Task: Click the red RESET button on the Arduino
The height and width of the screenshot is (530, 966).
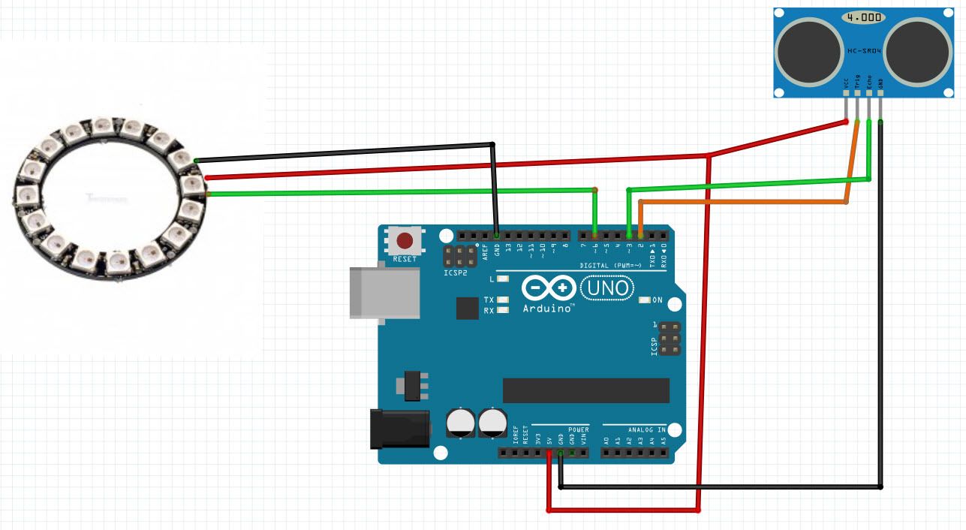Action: (x=405, y=242)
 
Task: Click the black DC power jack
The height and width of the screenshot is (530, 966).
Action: (x=399, y=428)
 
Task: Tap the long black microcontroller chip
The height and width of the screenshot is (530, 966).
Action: (x=585, y=390)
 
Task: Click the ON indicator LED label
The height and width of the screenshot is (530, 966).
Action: (x=657, y=300)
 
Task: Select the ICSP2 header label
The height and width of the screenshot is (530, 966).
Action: (x=455, y=273)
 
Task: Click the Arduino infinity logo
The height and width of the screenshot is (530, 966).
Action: (x=548, y=288)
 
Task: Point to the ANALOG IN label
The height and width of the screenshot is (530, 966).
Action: (x=646, y=430)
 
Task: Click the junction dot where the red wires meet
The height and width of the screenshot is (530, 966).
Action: (x=708, y=155)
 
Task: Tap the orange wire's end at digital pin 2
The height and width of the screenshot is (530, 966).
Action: (x=640, y=233)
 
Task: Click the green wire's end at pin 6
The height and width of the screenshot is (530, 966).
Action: (x=594, y=233)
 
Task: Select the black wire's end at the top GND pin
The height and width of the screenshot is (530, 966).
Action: (x=496, y=233)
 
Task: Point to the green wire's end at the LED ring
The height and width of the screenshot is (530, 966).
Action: (x=209, y=194)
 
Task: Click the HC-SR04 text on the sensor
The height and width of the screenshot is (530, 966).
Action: (x=863, y=50)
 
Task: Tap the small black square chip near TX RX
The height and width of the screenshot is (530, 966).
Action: (x=467, y=308)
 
